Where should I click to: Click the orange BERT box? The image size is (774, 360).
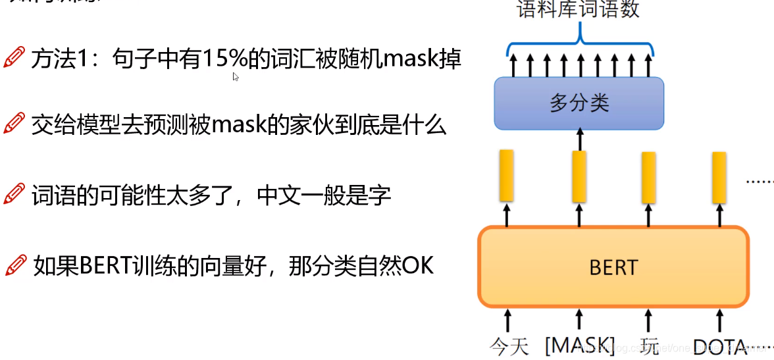tap(613, 267)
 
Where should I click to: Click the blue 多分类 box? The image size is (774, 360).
tap(579, 103)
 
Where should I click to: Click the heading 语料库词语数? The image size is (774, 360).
tap(579, 10)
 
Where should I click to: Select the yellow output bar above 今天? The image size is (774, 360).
tap(506, 175)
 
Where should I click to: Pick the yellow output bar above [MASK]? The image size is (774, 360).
tap(579, 176)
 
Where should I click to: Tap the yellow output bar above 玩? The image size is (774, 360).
tap(648, 177)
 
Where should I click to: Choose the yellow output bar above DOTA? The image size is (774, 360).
tap(719, 177)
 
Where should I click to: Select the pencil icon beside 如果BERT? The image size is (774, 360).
tap(14, 265)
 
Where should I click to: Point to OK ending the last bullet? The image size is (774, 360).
tap(418, 266)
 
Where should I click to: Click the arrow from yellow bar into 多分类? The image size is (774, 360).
tap(580, 139)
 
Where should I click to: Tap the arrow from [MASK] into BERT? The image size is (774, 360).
tap(580, 319)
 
